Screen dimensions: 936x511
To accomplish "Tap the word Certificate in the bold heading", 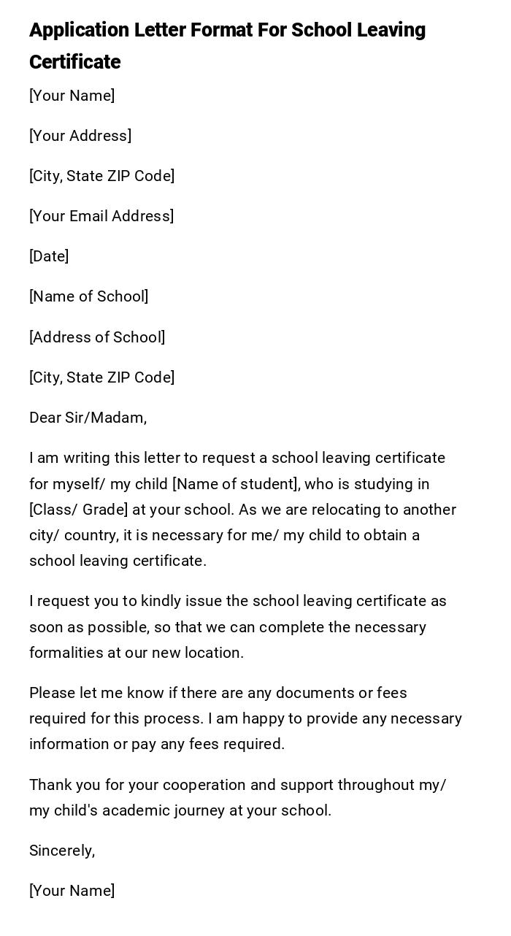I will (74, 62).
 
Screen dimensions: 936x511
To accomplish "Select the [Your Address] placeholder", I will (80, 136).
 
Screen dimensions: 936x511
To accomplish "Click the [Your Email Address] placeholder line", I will (101, 216).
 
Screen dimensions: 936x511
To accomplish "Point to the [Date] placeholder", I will (49, 256).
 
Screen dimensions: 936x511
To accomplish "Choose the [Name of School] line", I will (89, 296).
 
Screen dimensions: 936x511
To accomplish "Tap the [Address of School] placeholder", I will (97, 337).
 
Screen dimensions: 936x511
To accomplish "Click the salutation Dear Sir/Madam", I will (88, 418).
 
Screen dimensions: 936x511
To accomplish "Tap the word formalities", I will (66, 653).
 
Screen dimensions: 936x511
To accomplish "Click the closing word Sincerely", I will (61, 851).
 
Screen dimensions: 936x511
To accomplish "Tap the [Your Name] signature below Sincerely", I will (72, 891).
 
